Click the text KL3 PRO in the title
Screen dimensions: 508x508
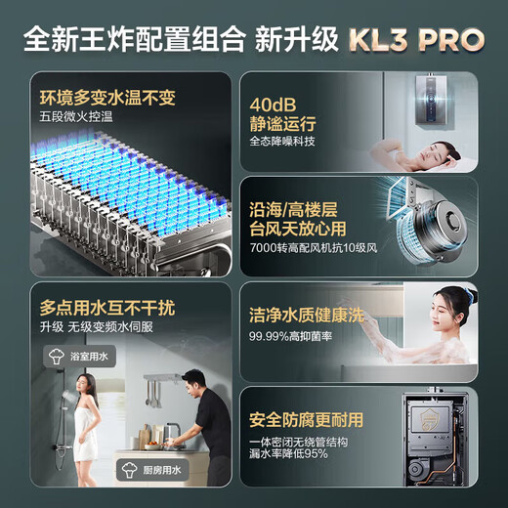(x=414, y=38)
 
